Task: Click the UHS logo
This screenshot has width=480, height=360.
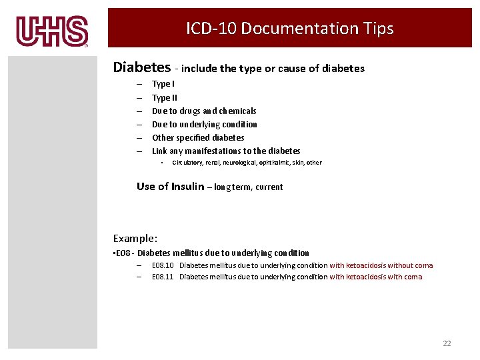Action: click(x=52, y=31)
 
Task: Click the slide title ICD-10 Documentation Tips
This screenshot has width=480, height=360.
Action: click(x=290, y=29)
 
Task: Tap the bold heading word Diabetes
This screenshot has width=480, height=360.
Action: click(x=142, y=67)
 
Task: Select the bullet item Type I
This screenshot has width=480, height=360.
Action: click(x=163, y=84)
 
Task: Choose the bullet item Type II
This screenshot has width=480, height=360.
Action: click(x=165, y=97)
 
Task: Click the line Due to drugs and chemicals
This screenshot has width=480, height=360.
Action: click(x=204, y=111)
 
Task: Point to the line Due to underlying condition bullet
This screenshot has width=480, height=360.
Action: click(x=205, y=124)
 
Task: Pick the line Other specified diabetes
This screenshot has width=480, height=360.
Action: click(x=198, y=137)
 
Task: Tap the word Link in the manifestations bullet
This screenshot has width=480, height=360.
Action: click(x=160, y=151)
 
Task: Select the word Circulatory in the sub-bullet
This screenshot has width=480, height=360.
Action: click(x=190, y=162)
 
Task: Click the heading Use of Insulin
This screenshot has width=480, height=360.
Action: click(x=170, y=187)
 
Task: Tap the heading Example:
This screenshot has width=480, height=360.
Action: click(x=135, y=238)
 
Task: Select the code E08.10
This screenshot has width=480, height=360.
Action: click(x=163, y=265)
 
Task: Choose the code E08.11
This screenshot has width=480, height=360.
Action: click(x=163, y=277)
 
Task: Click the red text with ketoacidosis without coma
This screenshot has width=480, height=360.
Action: click(x=381, y=265)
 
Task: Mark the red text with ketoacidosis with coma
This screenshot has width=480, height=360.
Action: click(x=375, y=277)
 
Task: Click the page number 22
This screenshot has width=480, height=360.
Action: click(x=447, y=343)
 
